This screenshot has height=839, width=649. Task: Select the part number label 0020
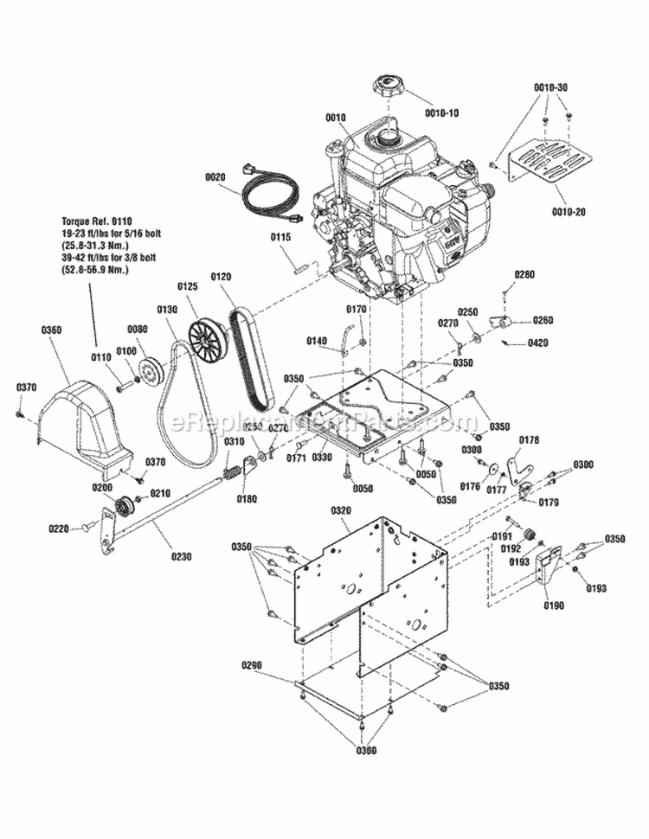coord(215,176)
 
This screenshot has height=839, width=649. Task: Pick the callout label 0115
coord(281,237)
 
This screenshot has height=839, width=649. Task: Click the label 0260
coord(543,320)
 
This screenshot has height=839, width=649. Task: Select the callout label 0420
coord(537,343)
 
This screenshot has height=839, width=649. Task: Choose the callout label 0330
coord(321,456)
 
